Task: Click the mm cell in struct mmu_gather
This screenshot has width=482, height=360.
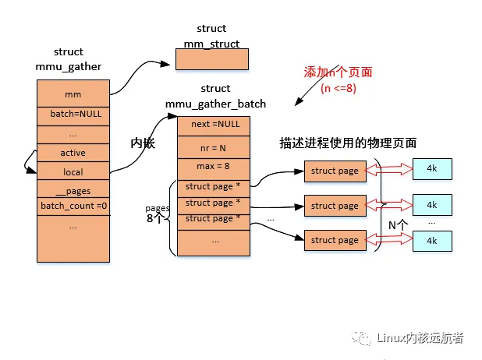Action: pyautogui.click(x=73, y=94)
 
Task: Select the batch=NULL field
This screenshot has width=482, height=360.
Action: pyautogui.click(x=73, y=114)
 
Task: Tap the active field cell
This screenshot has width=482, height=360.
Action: pyautogui.click(x=73, y=153)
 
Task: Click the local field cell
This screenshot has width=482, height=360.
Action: pyautogui.click(x=73, y=172)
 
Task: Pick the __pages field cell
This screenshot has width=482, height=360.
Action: pyautogui.click(x=73, y=191)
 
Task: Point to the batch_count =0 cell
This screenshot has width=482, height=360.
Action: pyautogui.click(x=73, y=206)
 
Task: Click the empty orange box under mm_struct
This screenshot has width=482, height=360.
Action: pyautogui.click(x=211, y=59)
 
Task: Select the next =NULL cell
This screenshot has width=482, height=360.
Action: pyautogui.click(x=214, y=125)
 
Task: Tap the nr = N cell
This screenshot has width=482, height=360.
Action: pyautogui.click(x=214, y=146)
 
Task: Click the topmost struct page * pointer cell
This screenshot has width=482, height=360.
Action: pyautogui.click(x=214, y=186)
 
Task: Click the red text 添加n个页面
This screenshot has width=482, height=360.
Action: pyautogui.click(x=338, y=72)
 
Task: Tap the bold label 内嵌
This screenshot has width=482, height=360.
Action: pyautogui.click(x=144, y=143)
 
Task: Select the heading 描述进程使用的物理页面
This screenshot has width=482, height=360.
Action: pyautogui.click(x=348, y=143)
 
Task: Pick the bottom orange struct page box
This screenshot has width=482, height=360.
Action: pyautogui.click(x=334, y=240)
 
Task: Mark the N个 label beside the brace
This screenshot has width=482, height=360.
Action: pyautogui.click(x=399, y=224)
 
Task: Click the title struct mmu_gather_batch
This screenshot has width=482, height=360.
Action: pyautogui.click(x=215, y=96)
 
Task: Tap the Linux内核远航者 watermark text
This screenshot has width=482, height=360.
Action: pyautogui.click(x=419, y=337)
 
